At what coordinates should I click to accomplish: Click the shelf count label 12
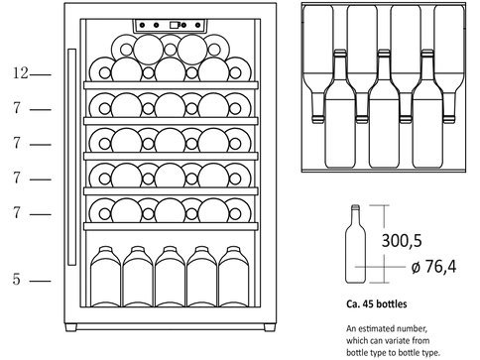[x=21, y=73]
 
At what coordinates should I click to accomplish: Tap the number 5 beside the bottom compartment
[x=17, y=280]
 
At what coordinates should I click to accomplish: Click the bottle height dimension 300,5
[x=402, y=240]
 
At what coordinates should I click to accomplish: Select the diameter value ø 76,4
[x=433, y=267]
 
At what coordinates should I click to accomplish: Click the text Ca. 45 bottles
[x=377, y=303]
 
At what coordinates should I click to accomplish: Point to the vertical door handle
[x=71, y=157]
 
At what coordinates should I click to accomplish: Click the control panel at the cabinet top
[x=170, y=26]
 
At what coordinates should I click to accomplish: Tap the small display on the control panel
[x=175, y=25]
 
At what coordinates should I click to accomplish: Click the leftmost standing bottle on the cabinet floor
[x=105, y=277]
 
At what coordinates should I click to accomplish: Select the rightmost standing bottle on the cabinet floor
[x=233, y=277]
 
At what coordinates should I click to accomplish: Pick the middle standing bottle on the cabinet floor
[x=170, y=277]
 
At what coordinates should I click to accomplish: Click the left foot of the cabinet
[x=70, y=327]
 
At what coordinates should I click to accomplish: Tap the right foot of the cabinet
[x=270, y=327]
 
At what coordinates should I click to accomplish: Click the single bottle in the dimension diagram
[x=355, y=244]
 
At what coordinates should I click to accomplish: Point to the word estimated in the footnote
[x=377, y=329]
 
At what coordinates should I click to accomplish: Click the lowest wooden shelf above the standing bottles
[x=171, y=226]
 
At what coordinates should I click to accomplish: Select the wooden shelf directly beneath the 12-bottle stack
[x=171, y=85]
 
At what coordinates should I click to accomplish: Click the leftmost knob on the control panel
[x=142, y=25]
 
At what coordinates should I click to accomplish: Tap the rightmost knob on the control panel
[x=197, y=25]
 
